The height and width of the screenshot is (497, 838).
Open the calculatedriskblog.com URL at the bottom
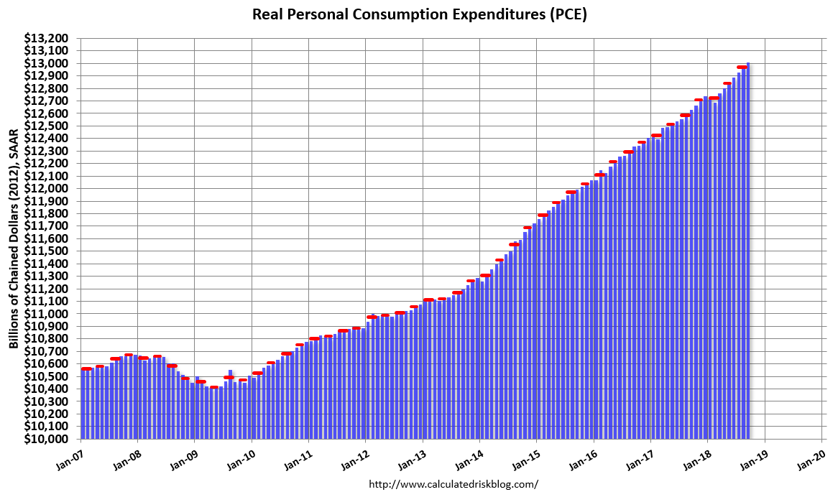(x=453, y=484)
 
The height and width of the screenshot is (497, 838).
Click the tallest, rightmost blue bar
(x=748, y=251)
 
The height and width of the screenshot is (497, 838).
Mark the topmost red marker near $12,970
(x=742, y=67)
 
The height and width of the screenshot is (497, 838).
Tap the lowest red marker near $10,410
(x=214, y=387)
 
